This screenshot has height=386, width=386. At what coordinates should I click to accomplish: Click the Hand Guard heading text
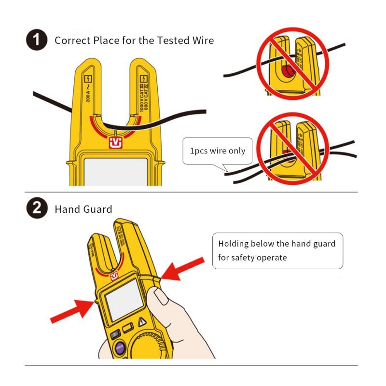tap(83, 209)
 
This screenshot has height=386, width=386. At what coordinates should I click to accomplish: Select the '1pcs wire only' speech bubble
tap(217, 151)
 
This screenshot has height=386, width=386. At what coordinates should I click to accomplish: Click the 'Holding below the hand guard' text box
tap(277, 250)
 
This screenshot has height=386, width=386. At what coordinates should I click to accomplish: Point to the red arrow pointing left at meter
tap(186, 268)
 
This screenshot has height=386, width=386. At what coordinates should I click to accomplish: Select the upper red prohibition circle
tap(291, 63)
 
